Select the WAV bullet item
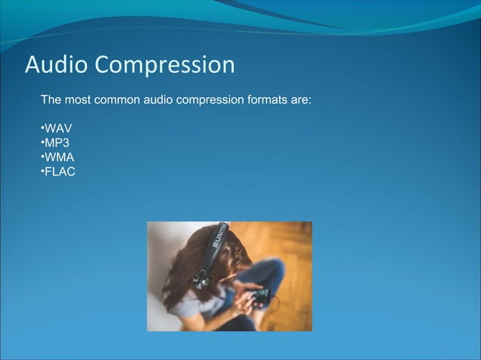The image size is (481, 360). pyautogui.click(x=58, y=128)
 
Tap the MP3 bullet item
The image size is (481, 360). pyautogui.click(x=57, y=142)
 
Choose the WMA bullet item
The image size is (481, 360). pyautogui.click(x=59, y=157)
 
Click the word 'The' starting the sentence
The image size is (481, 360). pyautogui.click(x=51, y=99)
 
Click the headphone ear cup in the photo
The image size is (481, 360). pyautogui.click(x=201, y=279)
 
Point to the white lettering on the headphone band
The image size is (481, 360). pyautogui.click(x=222, y=239)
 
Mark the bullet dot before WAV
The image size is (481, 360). pyautogui.click(x=42, y=128)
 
